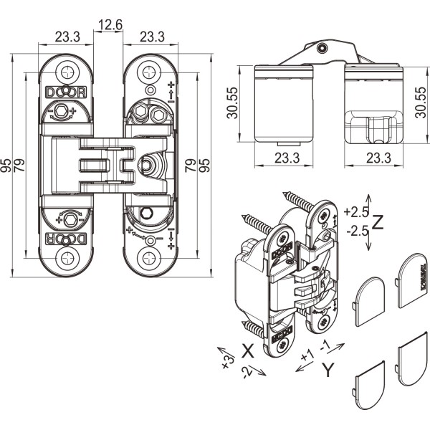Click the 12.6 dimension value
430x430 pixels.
[110, 26]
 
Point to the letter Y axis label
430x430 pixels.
[328, 370]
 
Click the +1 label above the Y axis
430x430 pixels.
[308, 355]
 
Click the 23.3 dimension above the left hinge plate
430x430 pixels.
[67, 36]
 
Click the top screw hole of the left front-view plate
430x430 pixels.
[67, 72]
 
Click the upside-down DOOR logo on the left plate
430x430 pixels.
[67, 239]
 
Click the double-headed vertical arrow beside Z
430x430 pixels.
[368, 221]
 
